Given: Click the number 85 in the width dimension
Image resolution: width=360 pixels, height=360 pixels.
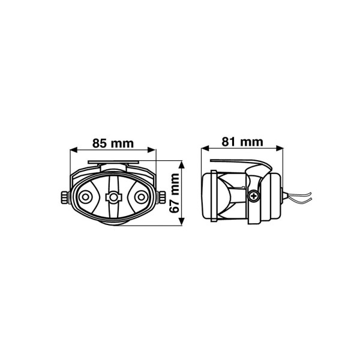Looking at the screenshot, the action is click(x=100, y=143).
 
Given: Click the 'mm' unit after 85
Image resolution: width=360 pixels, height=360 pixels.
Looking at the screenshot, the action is click(x=122, y=144).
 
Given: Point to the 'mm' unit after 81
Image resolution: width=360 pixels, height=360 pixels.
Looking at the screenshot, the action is click(x=251, y=143).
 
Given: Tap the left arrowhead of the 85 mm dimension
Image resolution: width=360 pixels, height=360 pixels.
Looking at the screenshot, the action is click(x=73, y=150).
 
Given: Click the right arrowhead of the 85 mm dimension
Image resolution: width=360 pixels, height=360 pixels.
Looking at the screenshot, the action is click(x=152, y=150).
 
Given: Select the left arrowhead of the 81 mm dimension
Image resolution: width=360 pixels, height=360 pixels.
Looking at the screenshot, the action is click(x=205, y=148).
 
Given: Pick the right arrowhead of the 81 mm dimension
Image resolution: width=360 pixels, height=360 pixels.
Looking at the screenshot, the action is click(x=280, y=148).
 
